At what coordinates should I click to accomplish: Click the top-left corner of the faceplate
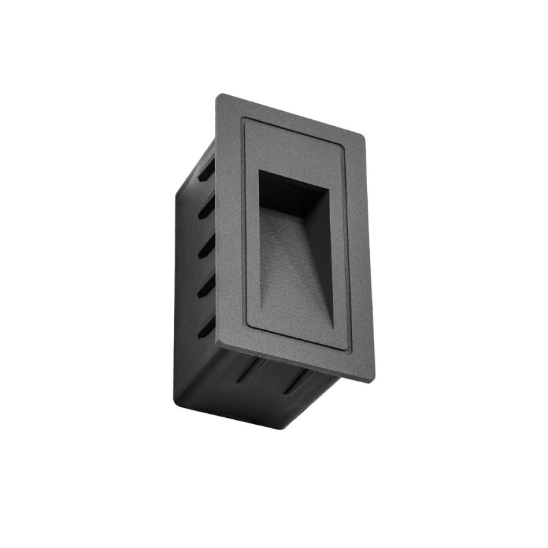coord(219,96)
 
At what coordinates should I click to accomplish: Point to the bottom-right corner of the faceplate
coord(373,380)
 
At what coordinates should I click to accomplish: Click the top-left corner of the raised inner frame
coord(243,119)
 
